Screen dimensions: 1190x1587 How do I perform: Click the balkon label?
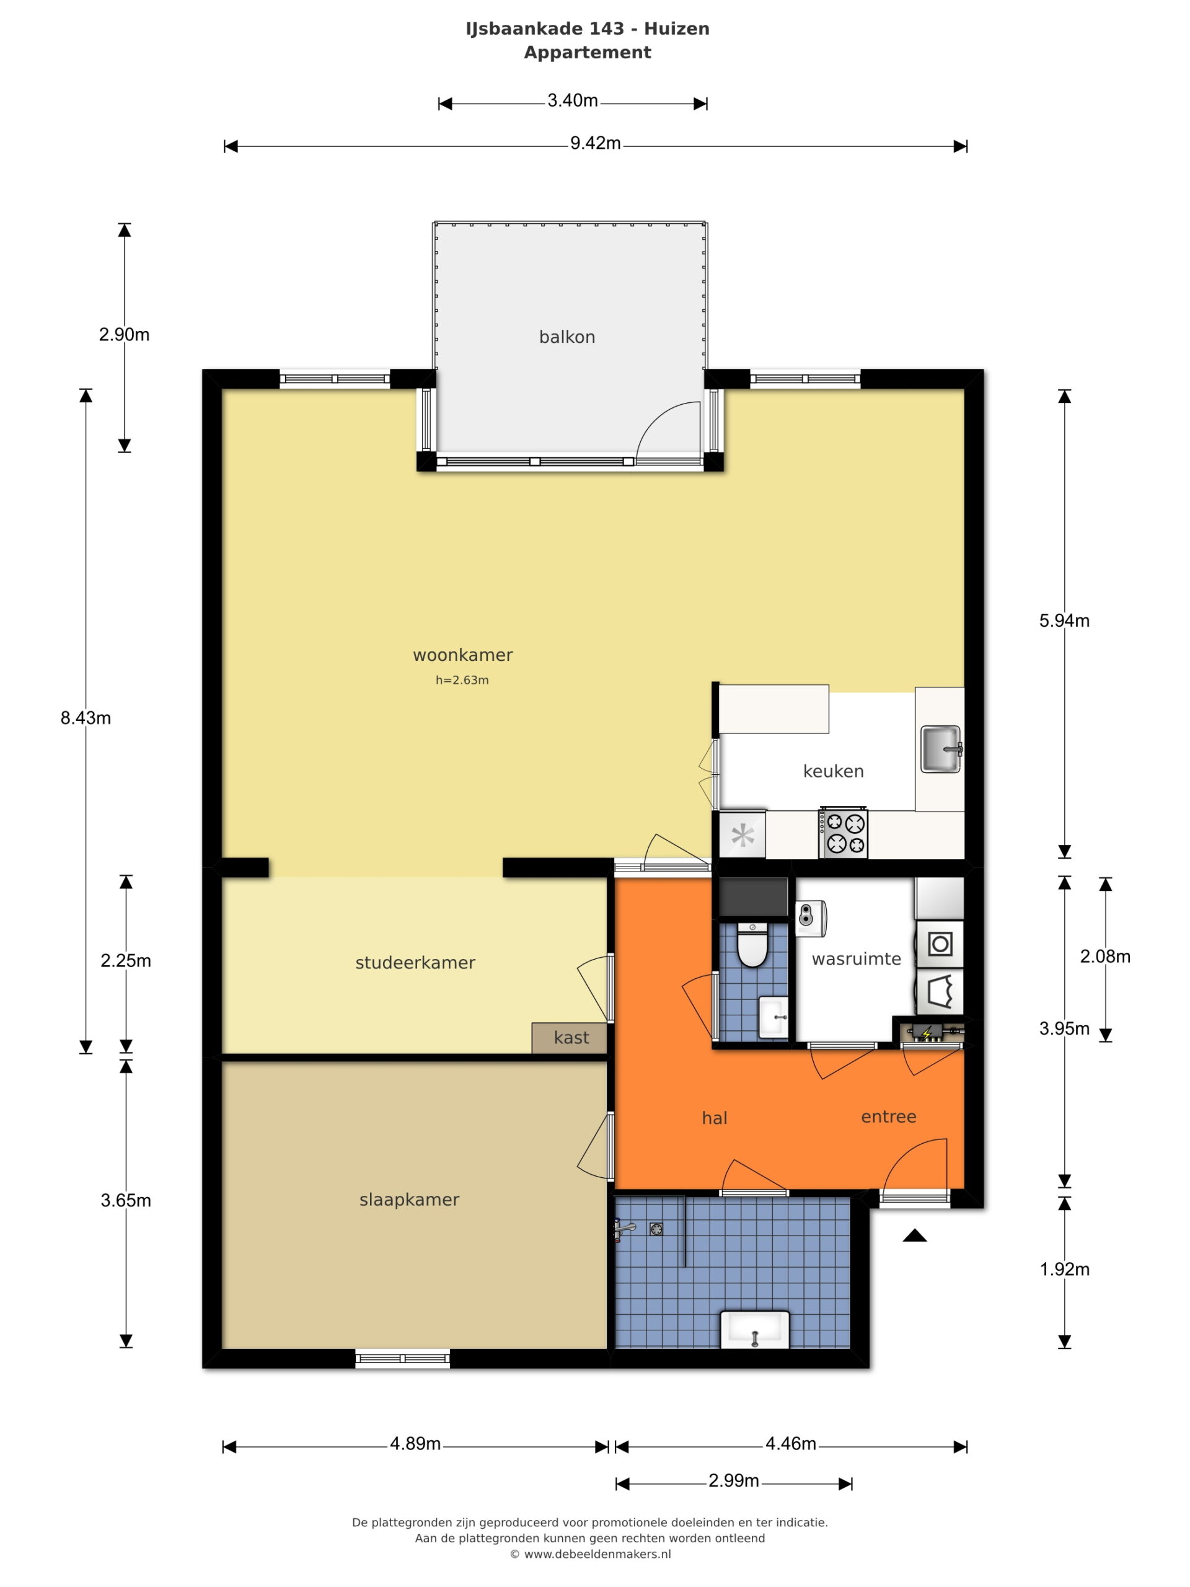point(566,337)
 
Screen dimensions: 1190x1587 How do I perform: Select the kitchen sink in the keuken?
point(940,749)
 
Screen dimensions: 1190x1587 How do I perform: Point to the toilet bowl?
point(752,945)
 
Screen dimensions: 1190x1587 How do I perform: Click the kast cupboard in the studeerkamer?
point(570,1037)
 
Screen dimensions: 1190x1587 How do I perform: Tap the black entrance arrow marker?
point(915,1235)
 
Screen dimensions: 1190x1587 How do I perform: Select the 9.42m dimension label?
point(596,143)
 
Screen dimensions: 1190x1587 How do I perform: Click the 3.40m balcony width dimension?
point(573,101)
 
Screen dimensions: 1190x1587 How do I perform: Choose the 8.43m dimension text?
point(86,718)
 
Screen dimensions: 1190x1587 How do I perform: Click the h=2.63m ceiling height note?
point(462,680)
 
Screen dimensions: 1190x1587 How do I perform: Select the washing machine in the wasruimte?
point(940,944)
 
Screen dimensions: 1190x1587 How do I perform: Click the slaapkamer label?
point(409,1199)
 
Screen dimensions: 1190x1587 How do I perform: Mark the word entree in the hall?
point(888,1116)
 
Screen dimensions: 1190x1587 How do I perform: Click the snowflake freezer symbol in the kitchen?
point(743,835)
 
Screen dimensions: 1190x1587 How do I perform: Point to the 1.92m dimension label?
point(1064,1269)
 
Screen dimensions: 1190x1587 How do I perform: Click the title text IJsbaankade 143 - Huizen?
point(588,29)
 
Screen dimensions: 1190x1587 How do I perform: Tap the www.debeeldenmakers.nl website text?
point(597,1554)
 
